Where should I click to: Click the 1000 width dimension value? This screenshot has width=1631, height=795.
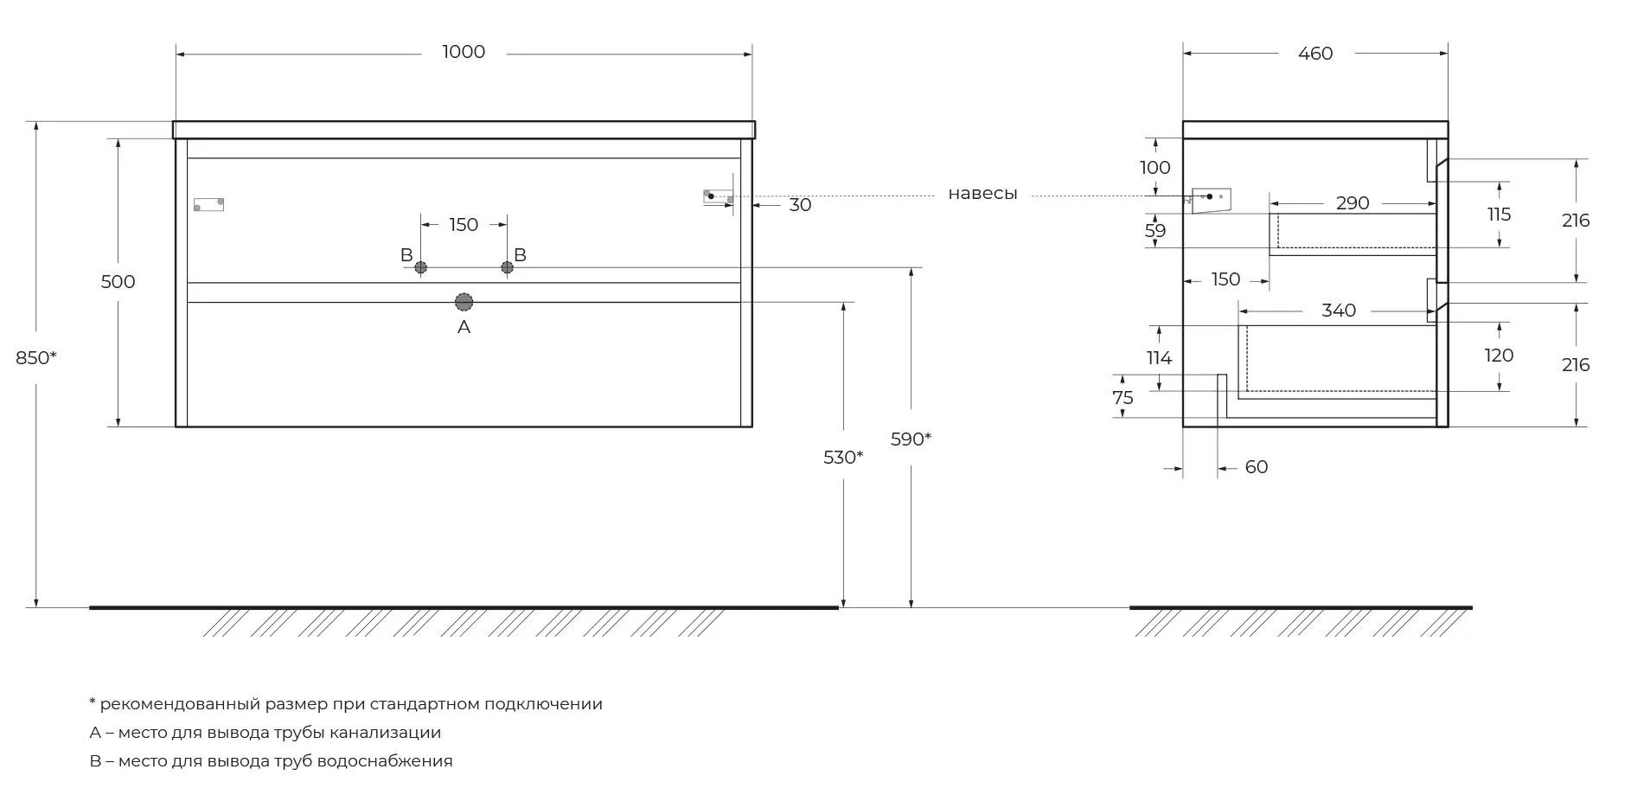(x=464, y=52)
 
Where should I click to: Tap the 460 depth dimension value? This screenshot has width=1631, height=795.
(x=1315, y=54)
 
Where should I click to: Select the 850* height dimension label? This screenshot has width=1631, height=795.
(x=35, y=356)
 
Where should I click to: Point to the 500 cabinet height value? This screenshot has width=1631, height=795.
(x=118, y=281)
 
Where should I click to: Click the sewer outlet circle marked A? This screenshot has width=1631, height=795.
(x=464, y=302)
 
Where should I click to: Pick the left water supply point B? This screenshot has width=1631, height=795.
(x=420, y=267)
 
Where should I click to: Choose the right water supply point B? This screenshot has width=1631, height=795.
(x=508, y=267)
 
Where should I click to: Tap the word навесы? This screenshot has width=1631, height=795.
(x=982, y=194)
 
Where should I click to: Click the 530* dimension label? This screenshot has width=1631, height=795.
(x=842, y=457)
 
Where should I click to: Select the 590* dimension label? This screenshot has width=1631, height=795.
(x=911, y=439)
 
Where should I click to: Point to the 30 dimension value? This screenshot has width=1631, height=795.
(x=800, y=205)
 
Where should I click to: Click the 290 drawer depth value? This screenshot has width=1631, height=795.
(x=1353, y=203)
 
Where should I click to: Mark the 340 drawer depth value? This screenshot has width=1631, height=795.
(x=1339, y=311)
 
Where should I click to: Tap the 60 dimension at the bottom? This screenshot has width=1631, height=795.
(x=1257, y=467)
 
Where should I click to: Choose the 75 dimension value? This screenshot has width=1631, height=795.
(x=1123, y=398)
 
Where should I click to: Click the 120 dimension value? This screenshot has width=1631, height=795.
(x=1499, y=356)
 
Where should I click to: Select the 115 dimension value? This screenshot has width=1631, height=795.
(x=1499, y=214)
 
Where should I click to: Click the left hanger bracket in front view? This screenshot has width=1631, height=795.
(x=208, y=205)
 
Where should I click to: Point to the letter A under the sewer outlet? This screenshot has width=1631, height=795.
(x=464, y=327)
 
